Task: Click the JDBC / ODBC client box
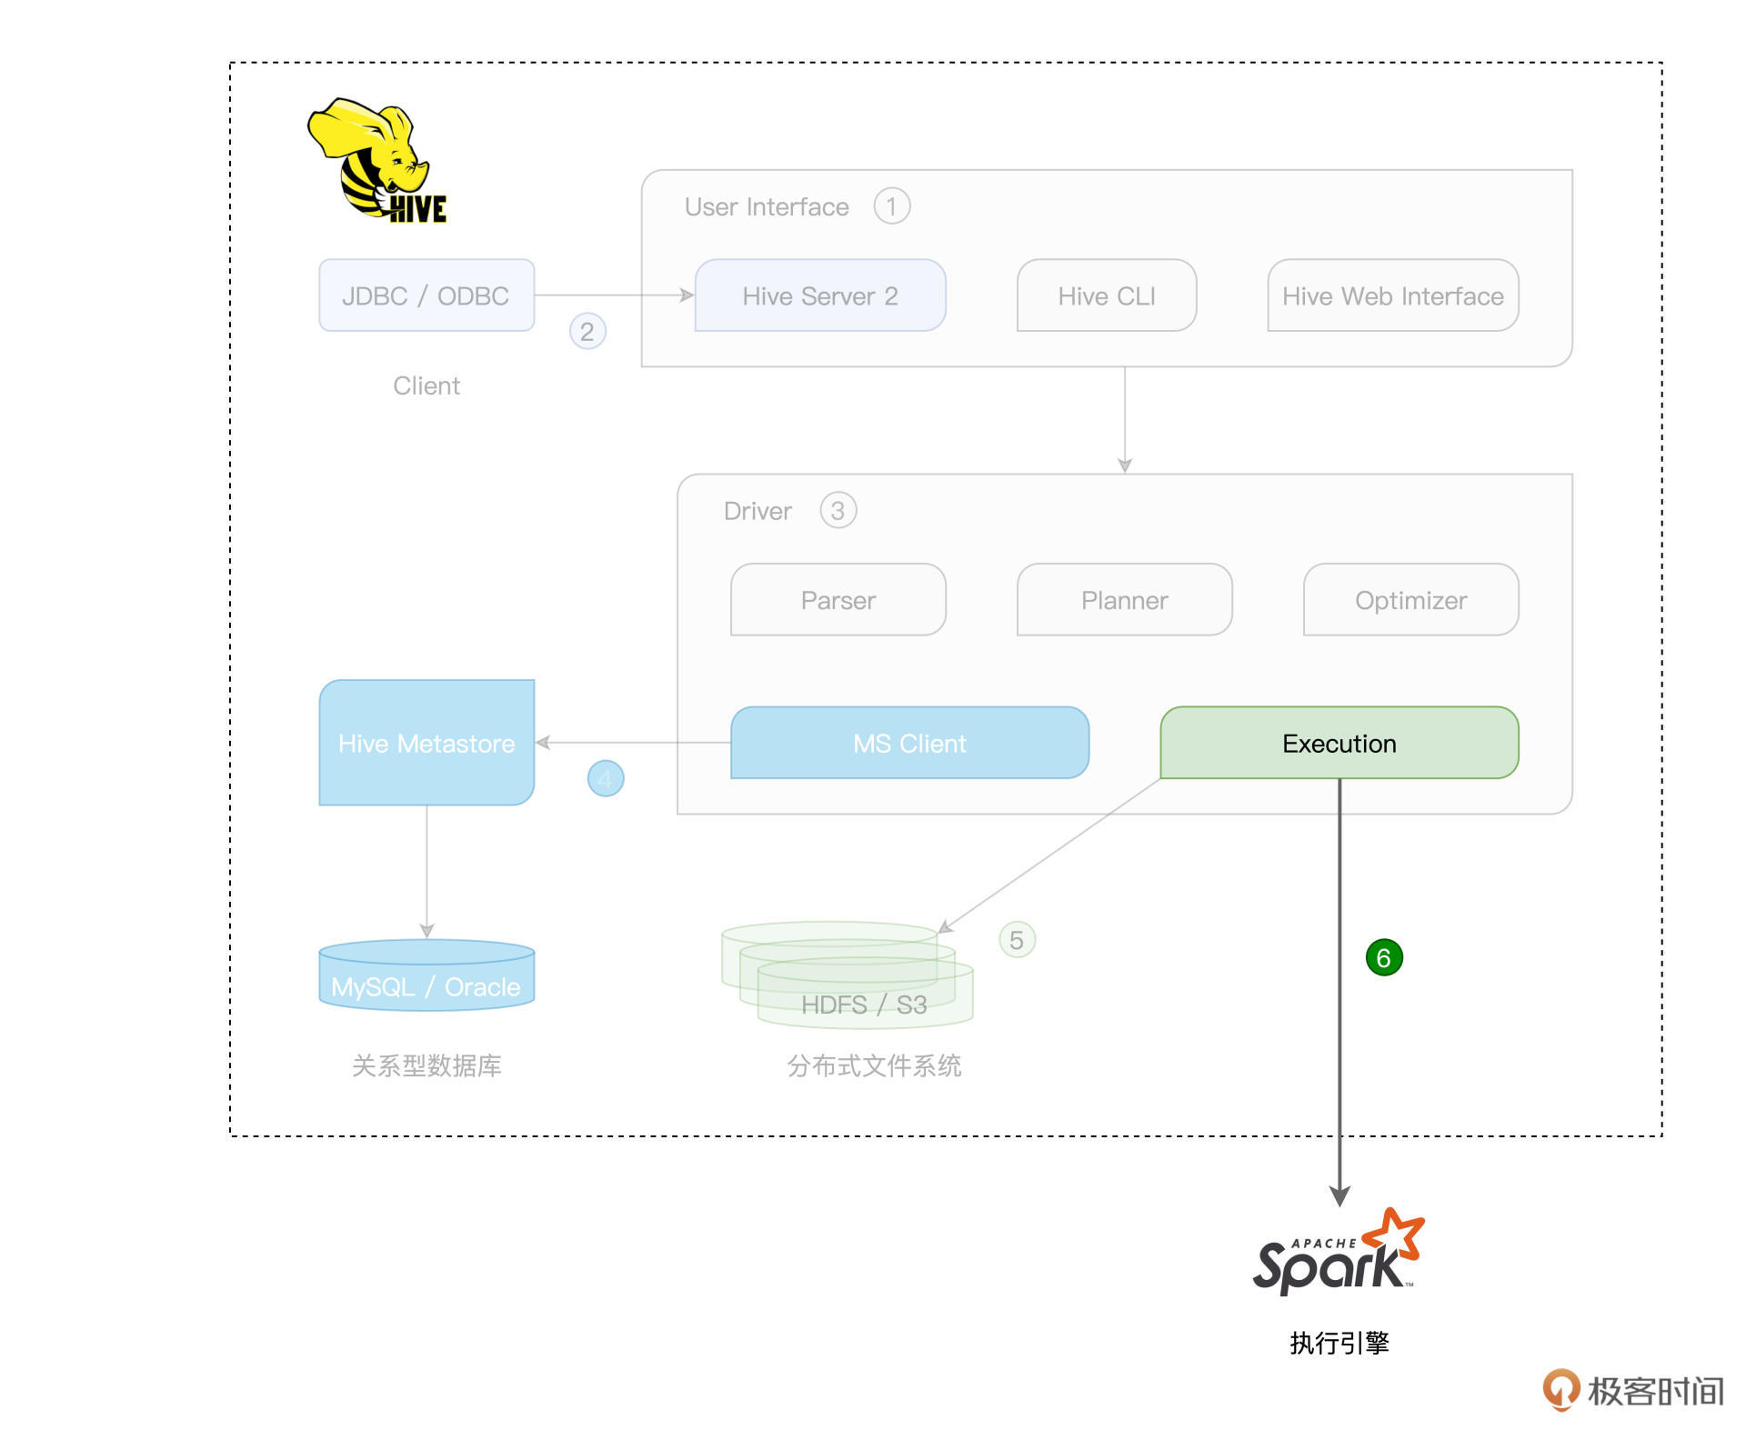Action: coord(426,295)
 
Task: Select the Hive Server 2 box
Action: coord(819,295)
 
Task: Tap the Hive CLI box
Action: coord(1106,295)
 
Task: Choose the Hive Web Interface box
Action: coord(1392,295)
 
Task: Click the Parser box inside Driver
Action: coord(838,600)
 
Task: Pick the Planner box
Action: coord(1124,600)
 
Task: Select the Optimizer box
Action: coord(1410,600)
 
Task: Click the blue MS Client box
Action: coord(909,743)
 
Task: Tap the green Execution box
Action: coord(1339,743)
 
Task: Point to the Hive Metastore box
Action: coord(426,743)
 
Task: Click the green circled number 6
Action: coord(1384,957)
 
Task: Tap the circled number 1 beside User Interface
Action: coord(891,206)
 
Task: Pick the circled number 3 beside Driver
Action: coord(838,510)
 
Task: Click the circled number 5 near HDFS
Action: coord(1017,939)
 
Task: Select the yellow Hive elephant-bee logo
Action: coord(376,161)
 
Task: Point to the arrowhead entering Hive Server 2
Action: coord(687,295)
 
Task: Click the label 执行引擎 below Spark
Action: coord(1339,1343)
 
